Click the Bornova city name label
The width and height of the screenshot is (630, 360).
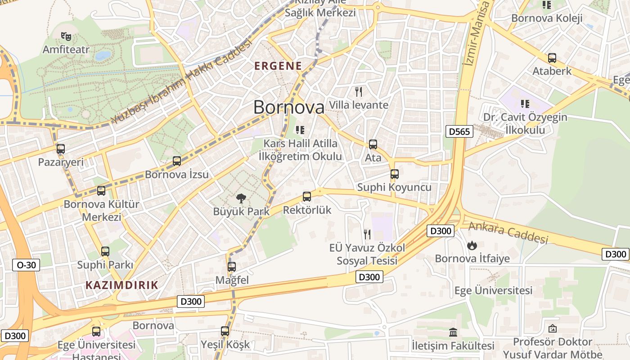click(288, 107)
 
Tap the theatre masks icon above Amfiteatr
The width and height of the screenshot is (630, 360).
click(66, 36)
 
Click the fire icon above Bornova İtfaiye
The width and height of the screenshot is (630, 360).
click(472, 245)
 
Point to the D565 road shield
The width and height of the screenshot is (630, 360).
click(459, 131)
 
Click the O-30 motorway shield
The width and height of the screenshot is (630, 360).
click(26, 265)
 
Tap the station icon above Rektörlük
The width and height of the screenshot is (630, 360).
click(307, 197)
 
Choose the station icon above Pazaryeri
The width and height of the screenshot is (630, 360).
click(61, 149)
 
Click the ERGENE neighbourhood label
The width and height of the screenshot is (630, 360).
click(278, 66)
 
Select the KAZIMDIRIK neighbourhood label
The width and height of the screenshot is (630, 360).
click(122, 285)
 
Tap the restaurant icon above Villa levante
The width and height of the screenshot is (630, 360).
click(359, 92)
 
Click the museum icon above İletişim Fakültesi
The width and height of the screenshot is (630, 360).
click(453, 333)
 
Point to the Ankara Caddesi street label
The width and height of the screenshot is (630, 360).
click(508, 232)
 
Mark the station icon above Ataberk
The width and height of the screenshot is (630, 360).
click(552, 58)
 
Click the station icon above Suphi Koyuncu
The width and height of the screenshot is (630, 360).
click(395, 174)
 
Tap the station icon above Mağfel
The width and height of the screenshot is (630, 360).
click(232, 267)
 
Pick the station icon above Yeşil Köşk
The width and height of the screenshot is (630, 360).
click(225, 332)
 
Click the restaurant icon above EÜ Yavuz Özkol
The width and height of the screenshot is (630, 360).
click(367, 234)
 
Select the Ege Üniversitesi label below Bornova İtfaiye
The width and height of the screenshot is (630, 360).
click(493, 290)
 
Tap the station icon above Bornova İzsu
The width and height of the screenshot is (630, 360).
click(177, 161)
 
